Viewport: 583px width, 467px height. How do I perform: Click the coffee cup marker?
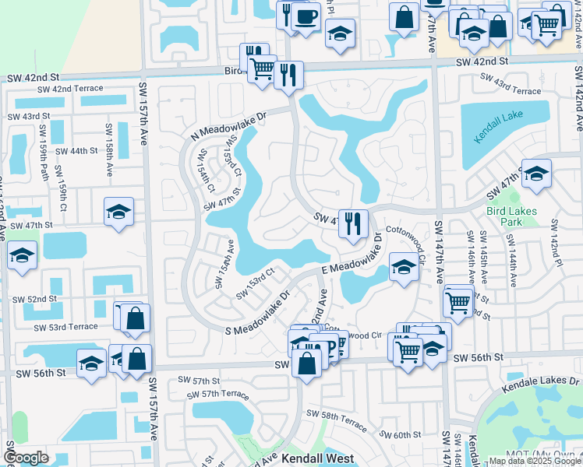306,16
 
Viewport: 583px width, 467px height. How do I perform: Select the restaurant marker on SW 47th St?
353,222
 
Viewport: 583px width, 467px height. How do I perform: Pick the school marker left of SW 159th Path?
22,255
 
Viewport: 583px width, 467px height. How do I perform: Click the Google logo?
26,458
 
